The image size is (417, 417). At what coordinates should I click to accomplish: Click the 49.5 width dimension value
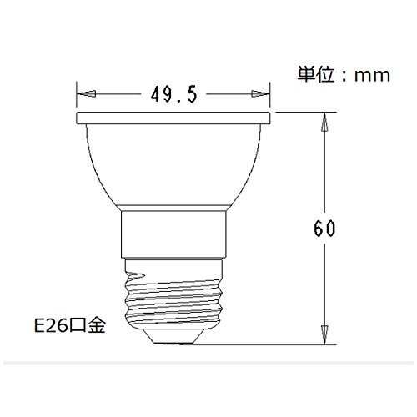[x=174, y=94]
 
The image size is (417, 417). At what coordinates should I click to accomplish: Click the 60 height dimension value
[x=324, y=228]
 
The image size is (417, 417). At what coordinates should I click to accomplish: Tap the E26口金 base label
[x=70, y=325]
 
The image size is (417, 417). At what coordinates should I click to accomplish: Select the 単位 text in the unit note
[x=316, y=74]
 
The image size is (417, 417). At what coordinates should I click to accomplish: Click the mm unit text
[x=372, y=76]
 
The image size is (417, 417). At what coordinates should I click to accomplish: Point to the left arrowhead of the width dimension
[x=87, y=93]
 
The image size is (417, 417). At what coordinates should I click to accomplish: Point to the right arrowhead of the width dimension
[x=260, y=93]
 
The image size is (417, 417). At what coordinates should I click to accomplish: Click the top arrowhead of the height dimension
[x=324, y=122]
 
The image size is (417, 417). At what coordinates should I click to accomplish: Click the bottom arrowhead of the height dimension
[x=324, y=334]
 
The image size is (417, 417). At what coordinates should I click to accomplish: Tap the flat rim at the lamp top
[x=173, y=118]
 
